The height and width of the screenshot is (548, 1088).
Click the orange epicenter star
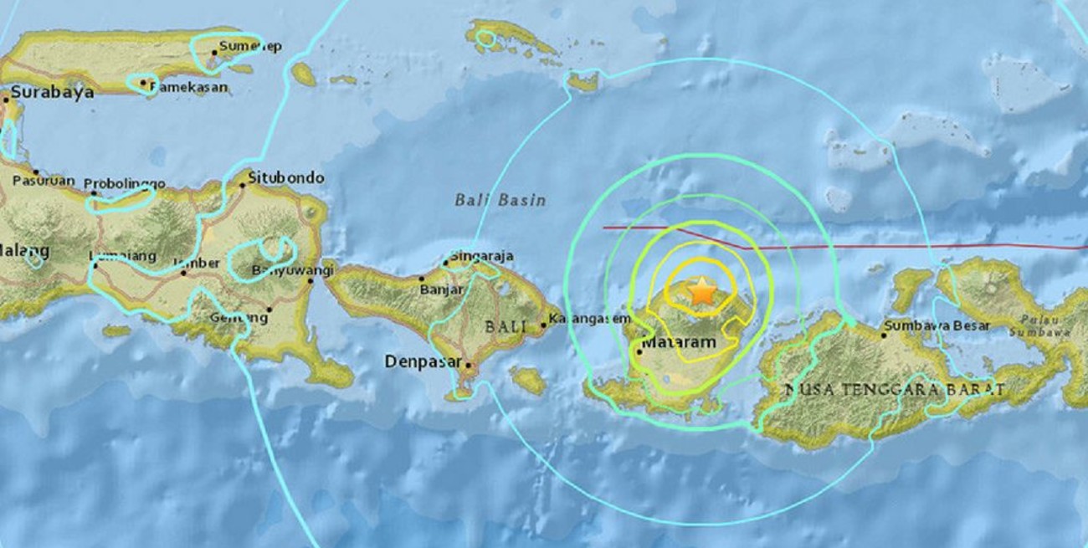pyautogui.click(x=701, y=292)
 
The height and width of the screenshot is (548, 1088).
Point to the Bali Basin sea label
pyautogui.click(x=500, y=200)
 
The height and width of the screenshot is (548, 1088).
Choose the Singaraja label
pyautogui.click(x=481, y=256)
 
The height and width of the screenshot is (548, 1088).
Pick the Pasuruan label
pyautogui.click(x=44, y=181)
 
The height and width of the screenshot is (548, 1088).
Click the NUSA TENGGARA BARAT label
pyautogui.click(x=894, y=390)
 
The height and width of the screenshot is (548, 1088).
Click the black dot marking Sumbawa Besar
pyautogui.click(x=883, y=335)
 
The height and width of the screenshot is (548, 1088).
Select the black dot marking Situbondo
pyautogui.click(x=243, y=186)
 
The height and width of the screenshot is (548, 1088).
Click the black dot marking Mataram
pyautogui.click(x=639, y=351)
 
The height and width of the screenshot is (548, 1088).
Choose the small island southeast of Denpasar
pyautogui.click(x=528, y=381)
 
